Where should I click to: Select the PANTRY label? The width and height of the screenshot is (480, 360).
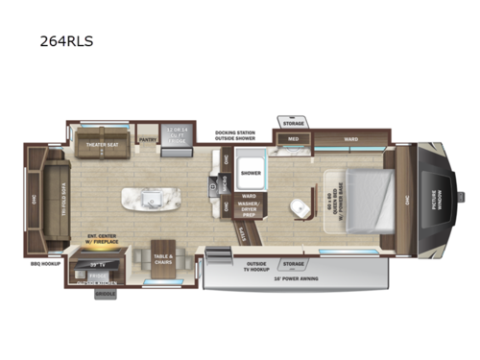(x=148, y=139)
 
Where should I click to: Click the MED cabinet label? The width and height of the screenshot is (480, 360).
(x=295, y=140)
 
